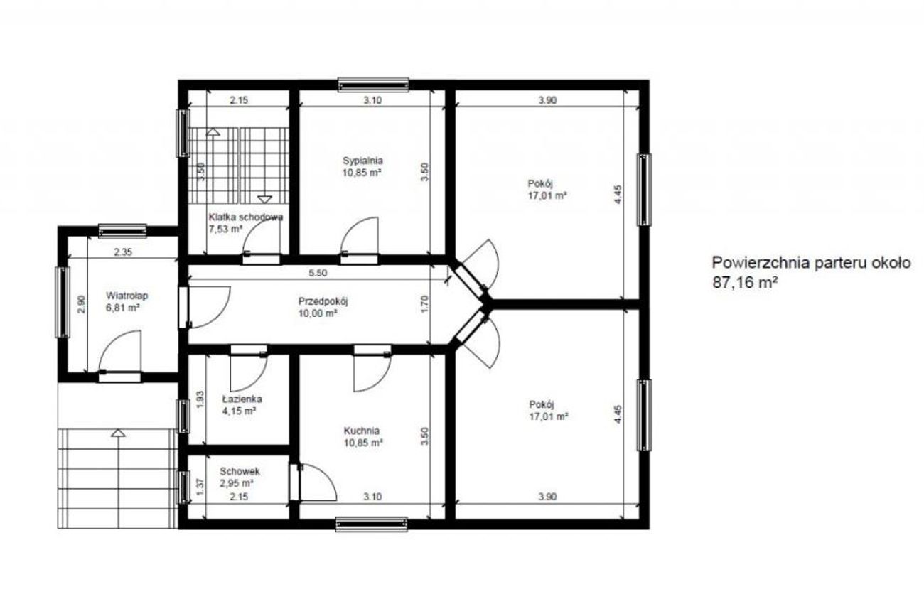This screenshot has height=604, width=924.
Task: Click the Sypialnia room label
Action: pos(362,161)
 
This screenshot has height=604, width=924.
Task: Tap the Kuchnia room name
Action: pos(362,431)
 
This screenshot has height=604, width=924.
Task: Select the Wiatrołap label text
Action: pos(127,296)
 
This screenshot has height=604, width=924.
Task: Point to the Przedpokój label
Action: pos(323,301)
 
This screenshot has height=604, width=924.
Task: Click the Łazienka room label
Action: pos(242,399)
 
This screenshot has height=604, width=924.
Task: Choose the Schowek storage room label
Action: pos(240,471)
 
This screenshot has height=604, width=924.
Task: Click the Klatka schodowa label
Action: pos(246,217)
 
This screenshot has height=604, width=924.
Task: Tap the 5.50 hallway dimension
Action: pos(318,273)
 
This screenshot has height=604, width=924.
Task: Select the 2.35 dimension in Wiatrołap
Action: pos(123,252)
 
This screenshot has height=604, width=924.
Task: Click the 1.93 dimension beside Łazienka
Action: pos(200,399)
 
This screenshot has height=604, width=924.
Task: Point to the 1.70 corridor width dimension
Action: pos(425,304)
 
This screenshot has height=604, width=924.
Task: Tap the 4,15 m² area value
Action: pos(240,411)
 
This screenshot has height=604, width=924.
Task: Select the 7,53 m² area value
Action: pos(225,230)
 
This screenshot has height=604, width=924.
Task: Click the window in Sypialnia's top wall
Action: pos(373,85)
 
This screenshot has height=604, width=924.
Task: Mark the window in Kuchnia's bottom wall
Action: pos(372,524)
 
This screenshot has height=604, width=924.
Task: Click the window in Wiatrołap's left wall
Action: pos(63,302)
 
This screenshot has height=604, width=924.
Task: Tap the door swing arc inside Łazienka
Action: pos(249,373)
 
